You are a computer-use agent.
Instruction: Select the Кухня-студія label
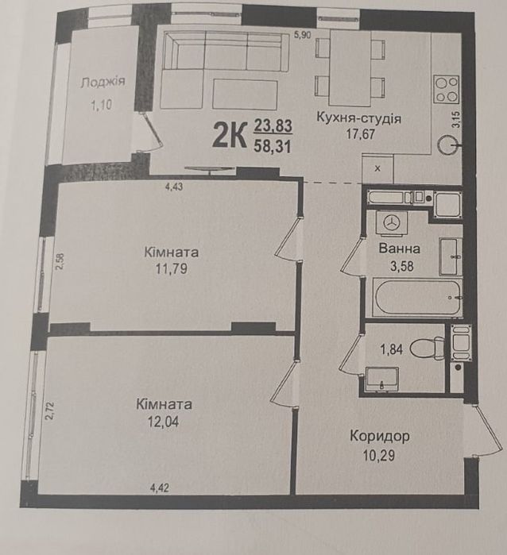click(x=358, y=118)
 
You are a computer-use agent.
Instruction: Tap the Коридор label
click(x=379, y=436)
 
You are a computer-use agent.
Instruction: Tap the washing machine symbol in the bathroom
click(x=393, y=224)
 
